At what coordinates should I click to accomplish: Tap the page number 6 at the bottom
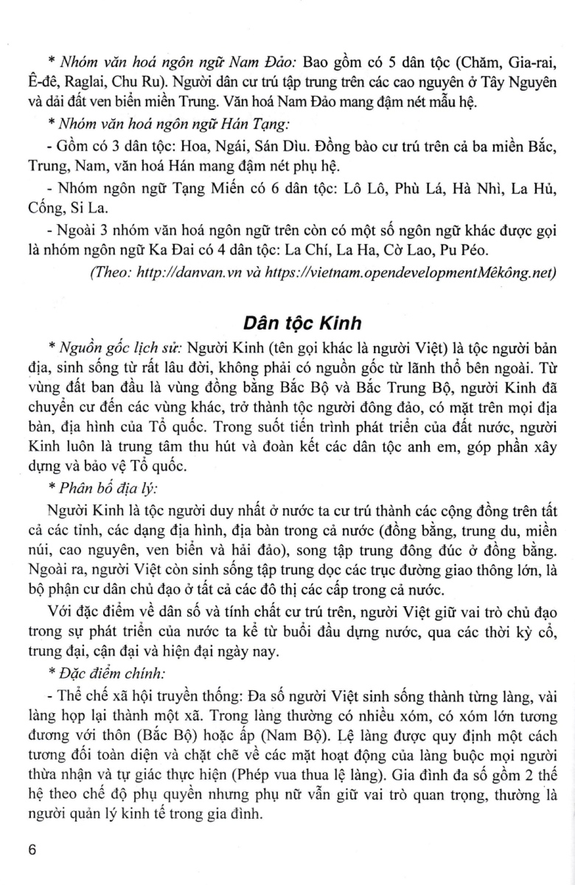pos(31,850)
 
